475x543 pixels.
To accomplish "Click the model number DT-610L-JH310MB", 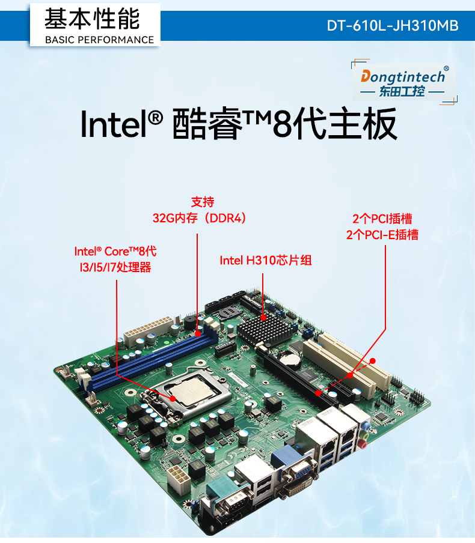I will tap(393, 26).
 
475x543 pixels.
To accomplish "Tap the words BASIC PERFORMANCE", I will tap(100, 40).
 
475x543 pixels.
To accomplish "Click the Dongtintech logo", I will tap(403, 83).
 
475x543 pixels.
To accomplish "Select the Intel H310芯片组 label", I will tap(265, 260).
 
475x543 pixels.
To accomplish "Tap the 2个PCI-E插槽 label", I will tap(382, 235).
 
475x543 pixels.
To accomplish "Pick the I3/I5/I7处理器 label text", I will tap(112, 267).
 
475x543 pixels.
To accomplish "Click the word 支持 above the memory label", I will tap(203, 202).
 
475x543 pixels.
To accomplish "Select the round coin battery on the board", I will tap(293, 359).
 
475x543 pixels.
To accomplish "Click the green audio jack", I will tap(365, 430).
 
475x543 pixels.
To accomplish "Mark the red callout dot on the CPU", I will tap(172, 397).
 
